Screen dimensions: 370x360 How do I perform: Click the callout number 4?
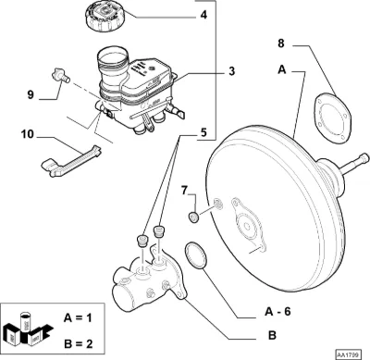[x=203, y=15]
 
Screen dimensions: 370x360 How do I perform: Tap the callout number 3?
[x=231, y=71]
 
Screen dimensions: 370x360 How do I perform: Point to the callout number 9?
[x=31, y=94]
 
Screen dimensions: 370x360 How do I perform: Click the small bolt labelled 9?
[x=60, y=76]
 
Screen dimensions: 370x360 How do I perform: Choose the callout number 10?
[x=28, y=134]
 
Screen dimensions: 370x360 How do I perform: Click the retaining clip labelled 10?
[x=71, y=161]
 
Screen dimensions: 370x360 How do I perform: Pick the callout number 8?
[x=280, y=43]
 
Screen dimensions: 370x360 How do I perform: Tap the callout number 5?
[x=203, y=132]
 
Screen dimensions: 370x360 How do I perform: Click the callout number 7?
[x=184, y=191]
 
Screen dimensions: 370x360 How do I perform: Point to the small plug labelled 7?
[x=193, y=217]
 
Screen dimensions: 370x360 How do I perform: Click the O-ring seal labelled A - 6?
[x=195, y=255]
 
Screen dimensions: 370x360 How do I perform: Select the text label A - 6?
[x=277, y=312]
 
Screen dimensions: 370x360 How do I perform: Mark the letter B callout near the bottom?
[x=272, y=335]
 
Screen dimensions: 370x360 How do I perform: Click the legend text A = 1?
[x=78, y=317]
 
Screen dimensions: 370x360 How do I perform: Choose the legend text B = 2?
[x=79, y=343]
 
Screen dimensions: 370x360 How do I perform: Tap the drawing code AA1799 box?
[x=347, y=354]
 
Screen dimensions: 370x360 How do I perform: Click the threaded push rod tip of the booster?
[x=364, y=159]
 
